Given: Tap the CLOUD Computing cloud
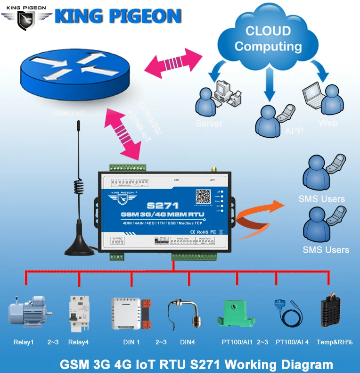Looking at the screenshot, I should coord(268,38).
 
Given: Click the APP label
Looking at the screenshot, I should coord(295,131).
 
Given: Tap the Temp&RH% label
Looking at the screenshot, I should coord(335,342).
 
